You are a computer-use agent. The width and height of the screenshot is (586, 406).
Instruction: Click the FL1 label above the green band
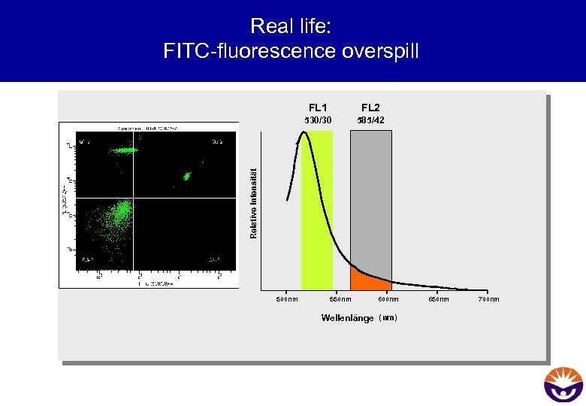point(316,108)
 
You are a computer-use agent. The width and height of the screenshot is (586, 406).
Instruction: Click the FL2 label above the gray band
point(371,108)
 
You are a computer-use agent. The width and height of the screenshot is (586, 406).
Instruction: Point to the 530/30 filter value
point(316,120)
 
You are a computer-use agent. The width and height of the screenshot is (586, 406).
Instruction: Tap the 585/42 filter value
point(371,120)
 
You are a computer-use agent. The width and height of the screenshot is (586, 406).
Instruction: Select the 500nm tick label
point(287,299)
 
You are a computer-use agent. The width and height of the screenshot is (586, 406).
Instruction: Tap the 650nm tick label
point(439,299)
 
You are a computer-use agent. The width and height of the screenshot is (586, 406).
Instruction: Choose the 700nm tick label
point(488,299)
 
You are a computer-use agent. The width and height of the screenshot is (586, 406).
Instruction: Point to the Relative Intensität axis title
point(253,204)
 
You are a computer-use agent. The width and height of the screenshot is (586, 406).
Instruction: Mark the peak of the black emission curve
point(304,132)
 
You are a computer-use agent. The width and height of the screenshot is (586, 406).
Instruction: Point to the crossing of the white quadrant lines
point(133,198)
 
